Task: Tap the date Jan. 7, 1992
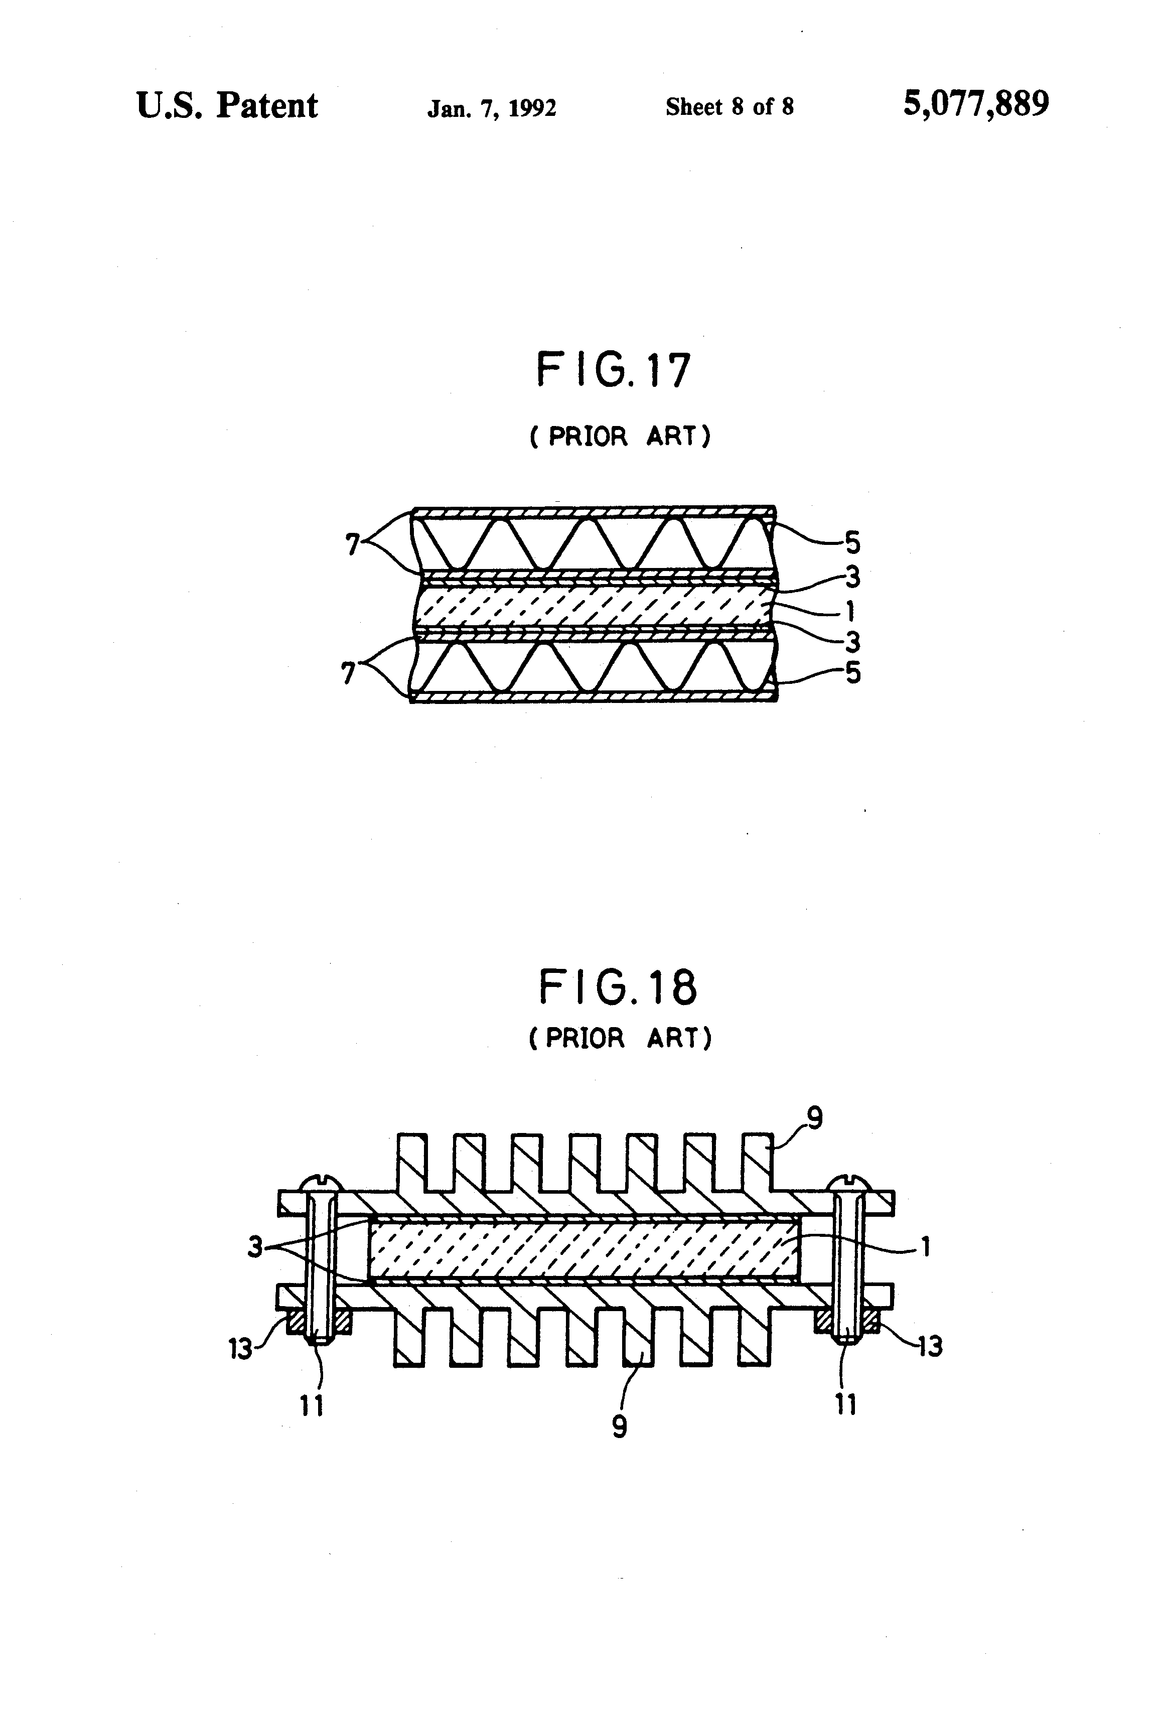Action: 492,109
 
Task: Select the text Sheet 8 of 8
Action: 729,107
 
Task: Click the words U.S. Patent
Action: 227,106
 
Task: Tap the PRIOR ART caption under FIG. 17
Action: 620,437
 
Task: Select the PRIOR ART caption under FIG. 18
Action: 620,1038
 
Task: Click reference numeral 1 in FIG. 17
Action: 850,611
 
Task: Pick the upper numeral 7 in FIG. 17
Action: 352,544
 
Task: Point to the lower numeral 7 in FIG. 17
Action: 348,672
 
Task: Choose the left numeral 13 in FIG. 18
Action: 240,1348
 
